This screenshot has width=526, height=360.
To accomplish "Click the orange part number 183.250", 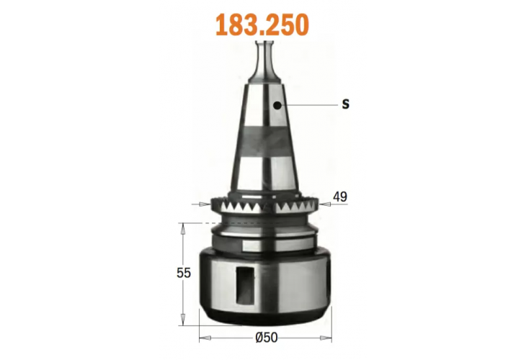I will (x=263, y=24).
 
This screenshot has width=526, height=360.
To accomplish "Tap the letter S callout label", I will (x=345, y=104).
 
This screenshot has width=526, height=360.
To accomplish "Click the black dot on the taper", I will (x=277, y=105).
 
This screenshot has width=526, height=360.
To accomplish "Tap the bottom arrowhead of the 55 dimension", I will (x=183, y=321).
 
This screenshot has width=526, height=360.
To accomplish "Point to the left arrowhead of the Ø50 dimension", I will (x=202, y=336).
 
